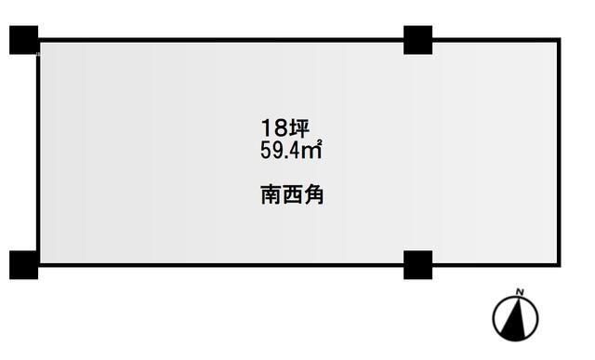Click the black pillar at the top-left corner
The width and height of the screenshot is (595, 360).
pyautogui.click(x=24, y=40)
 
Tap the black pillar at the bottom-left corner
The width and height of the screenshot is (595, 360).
pyautogui.click(x=24, y=264)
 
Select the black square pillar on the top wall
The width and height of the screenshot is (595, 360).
pyautogui.click(x=418, y=40)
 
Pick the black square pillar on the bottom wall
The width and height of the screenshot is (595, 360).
pyautogui.click(x=418, y=264)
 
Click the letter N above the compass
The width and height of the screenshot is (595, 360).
pyautogui.click(x=521, y=295)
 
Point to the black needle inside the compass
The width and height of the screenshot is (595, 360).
pyautogui.click(x=515, y=318)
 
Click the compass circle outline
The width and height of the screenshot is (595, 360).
pyautogui.click(x=494, y=318)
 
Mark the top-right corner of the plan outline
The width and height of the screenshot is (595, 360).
pyautogui.click(x=562, y=40)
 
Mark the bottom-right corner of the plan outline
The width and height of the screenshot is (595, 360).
pyautogui.click(x=562, y=264)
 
